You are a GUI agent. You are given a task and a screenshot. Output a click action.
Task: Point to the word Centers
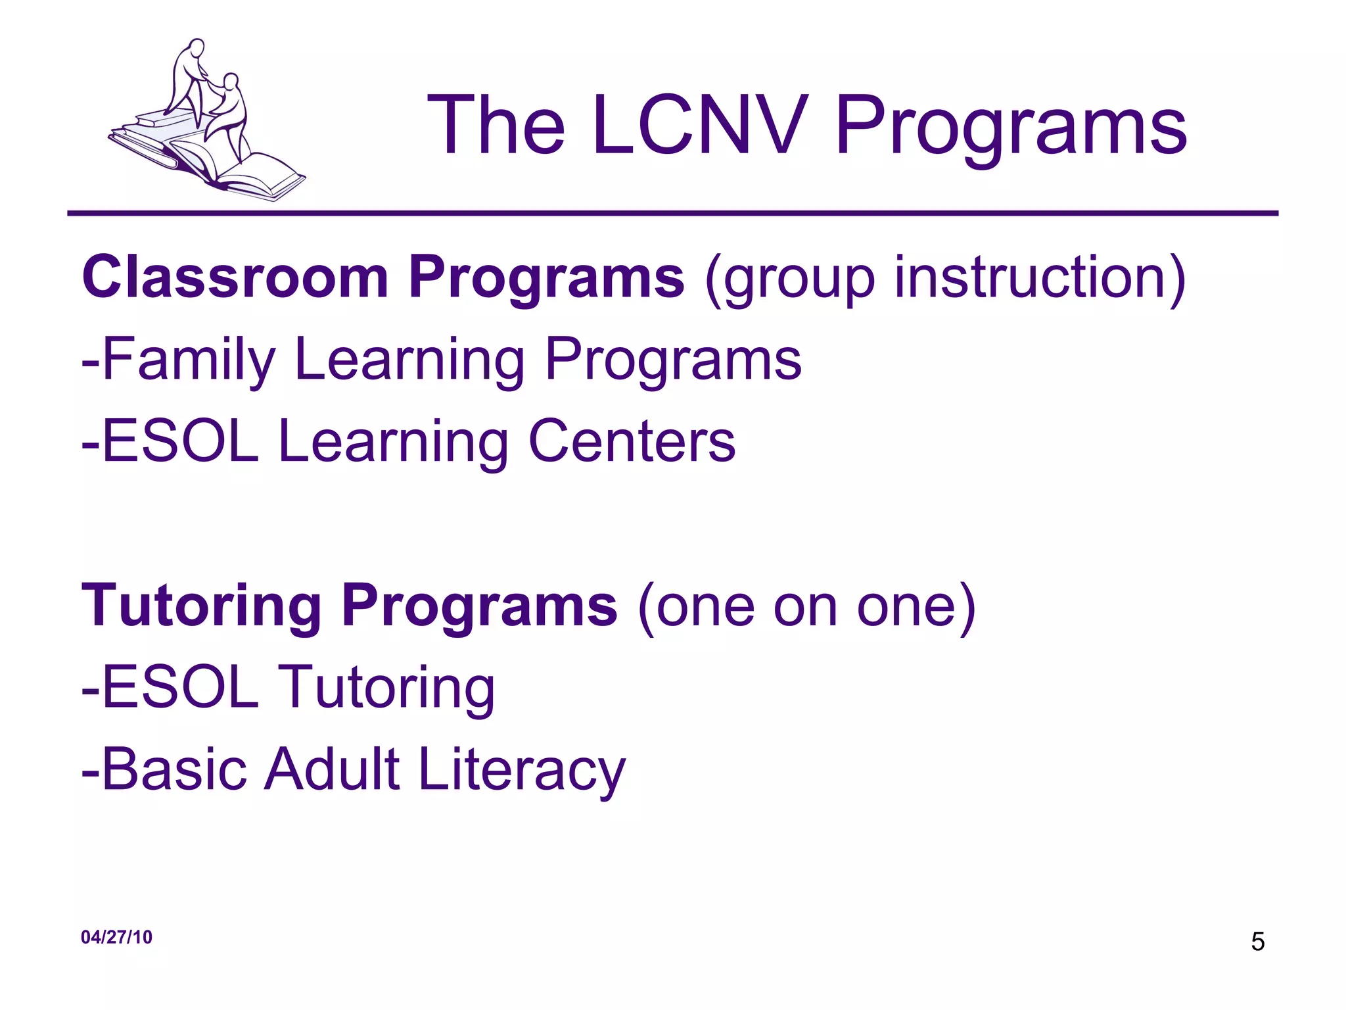coord(632,442)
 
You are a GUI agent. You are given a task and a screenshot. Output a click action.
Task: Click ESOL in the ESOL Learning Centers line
coord(181,442)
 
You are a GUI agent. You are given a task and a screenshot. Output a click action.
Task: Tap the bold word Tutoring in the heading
coord(201,606)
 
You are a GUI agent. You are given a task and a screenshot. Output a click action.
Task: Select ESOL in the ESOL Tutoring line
coord(181,688)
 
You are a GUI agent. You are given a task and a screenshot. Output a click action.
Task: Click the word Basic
coord(175,769)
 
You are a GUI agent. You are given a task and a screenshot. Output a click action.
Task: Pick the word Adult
coord(332,769)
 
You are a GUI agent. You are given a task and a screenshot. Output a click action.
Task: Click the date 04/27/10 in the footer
coord(116,937)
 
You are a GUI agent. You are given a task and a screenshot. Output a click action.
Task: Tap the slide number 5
coord(1257,942)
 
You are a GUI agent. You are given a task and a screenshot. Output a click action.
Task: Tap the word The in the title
coord(496,125)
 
